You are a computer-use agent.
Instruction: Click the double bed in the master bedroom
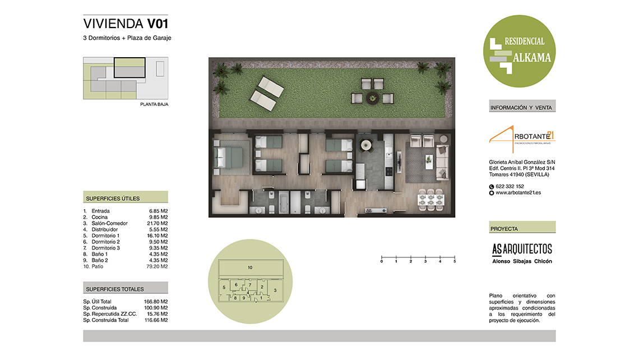(229, 158)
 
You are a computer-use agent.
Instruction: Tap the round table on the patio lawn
(372, 98)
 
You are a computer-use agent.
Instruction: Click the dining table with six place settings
(431, 200)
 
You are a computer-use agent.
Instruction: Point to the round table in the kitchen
(366, 145)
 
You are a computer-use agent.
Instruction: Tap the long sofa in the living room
(442, 162)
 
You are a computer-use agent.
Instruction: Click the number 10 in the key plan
(250, 267)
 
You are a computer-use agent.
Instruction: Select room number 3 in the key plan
(275, 290)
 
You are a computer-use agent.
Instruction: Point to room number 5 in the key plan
(224, 288)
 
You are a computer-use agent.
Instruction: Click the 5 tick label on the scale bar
(455, 261)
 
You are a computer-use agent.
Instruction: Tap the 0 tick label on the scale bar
(382, 261)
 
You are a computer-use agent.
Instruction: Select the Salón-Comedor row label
(109, 223)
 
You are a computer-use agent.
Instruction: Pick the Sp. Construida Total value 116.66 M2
(156, 320)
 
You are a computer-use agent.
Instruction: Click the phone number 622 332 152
(510, 186)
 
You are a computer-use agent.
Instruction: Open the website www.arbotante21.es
(518, 193)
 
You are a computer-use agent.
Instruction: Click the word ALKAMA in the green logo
(532, 58)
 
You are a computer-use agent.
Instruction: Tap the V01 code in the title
(158, 24)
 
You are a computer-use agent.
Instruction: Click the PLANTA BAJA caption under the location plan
(154, 104)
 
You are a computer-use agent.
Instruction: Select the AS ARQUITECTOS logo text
(522, 249)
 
